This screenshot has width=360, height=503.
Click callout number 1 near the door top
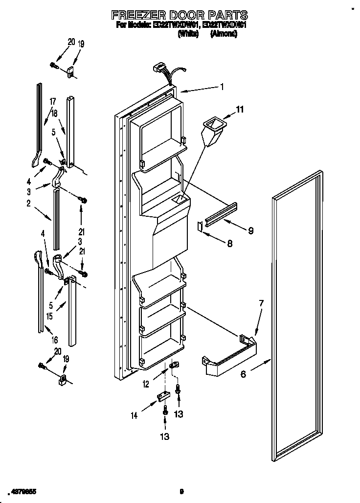[x=222, y=88]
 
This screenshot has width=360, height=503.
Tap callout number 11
[x=239, y=110]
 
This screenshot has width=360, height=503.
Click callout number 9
[x=250, y=230]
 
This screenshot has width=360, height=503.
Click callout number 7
[x=261, y=303]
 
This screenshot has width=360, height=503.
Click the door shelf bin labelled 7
[x=230, y=357]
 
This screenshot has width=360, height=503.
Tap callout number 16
[x=55, y=340]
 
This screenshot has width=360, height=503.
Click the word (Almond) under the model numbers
[x=224, y=34]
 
